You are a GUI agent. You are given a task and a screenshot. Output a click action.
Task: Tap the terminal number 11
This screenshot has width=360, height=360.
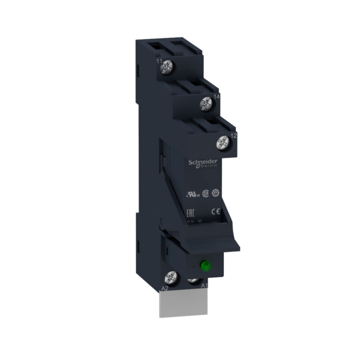point(160,61)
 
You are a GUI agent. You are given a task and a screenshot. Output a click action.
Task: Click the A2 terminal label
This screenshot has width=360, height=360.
point(163,289)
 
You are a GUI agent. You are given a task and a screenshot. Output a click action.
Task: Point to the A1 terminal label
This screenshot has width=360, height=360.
point(205,286)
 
